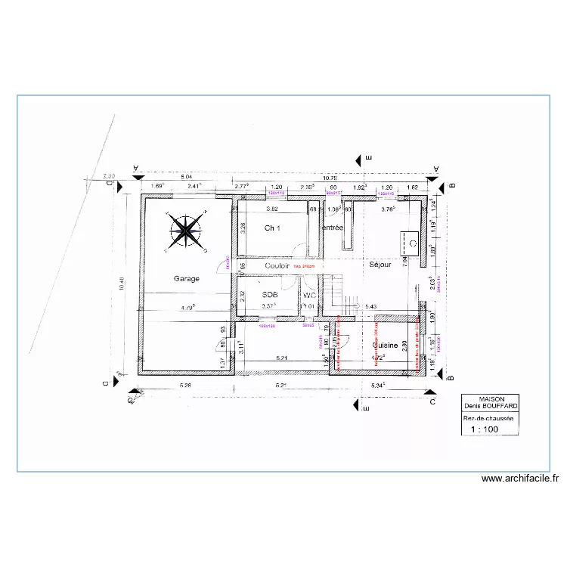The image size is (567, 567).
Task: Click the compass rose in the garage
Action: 185,231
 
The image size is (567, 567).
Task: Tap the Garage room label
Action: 187,279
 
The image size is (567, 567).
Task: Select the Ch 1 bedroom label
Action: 273,228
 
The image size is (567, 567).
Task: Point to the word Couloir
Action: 277,266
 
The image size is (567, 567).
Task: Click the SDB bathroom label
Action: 269,295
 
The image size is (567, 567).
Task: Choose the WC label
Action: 308,295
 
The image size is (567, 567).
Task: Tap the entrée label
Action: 333,228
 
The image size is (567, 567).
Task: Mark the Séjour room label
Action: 380,265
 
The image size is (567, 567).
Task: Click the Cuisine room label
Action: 385,345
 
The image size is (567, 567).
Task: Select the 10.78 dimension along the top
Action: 330,178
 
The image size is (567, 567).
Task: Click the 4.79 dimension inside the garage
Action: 186,308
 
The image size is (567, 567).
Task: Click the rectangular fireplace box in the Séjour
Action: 412,242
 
